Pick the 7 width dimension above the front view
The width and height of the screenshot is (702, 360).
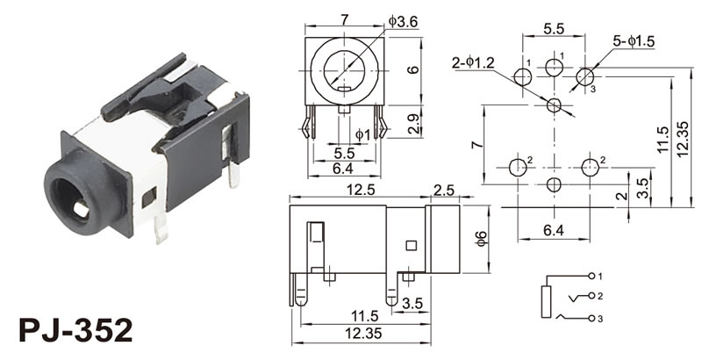tap(345, 18)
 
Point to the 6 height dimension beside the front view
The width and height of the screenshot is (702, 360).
tap(413, 67)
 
